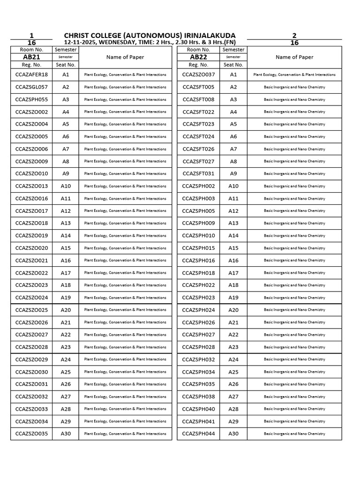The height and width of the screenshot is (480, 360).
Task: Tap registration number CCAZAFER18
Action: tap(31, 75)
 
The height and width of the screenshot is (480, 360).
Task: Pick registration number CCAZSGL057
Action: tap(31, 87)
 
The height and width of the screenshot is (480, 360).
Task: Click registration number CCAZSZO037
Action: tap(198, 75)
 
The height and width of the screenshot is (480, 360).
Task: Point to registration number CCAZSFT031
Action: tap(198, 173)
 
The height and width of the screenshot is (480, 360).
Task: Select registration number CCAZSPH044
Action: tap(198, 434)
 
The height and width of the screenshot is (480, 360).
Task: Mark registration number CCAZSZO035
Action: tap(31, 434)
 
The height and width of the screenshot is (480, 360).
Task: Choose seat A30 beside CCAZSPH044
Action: tap(233, 434)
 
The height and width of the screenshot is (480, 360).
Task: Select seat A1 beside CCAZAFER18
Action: tap(66, 75)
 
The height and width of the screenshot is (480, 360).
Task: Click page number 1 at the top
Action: tap(31, 36)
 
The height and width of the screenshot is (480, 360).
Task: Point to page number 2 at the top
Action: tap(294, 36)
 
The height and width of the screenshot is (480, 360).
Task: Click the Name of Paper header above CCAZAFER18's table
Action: tap(125, 57)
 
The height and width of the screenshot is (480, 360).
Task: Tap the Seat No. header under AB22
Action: tap(233, 65)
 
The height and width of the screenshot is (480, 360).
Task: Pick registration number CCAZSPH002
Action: tap(198, 186)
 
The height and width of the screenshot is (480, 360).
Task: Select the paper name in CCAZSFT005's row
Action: tap(294, 87)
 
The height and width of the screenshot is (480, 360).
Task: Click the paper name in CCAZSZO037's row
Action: tap(294, 75)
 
